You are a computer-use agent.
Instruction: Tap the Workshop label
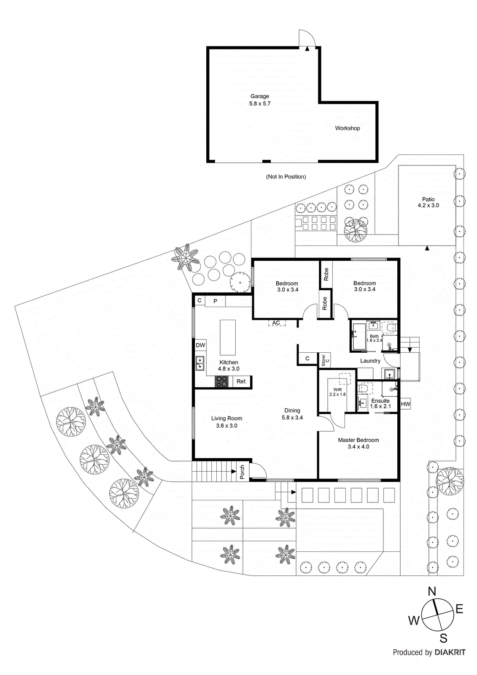[x=348, y=128]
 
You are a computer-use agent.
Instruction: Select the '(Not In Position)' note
[x=286, y=177]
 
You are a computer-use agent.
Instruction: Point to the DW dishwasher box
[x=200, y=345]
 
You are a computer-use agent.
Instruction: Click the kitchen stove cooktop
[x=222, y=381]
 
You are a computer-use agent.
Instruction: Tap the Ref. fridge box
[x=241, y=381]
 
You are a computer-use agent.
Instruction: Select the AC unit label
[x=276, y=323]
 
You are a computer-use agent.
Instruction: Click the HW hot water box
[x=405, y=404]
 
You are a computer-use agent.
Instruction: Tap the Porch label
[x=242, y=472]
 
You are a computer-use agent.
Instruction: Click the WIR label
[x=337, y=389]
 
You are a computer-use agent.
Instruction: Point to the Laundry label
[x=370, y=361]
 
